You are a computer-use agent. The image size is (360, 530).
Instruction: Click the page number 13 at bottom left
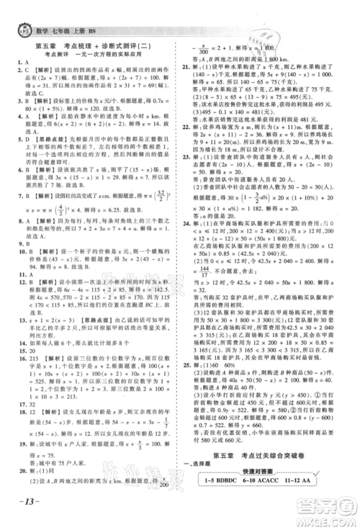(x=19, y=518)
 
